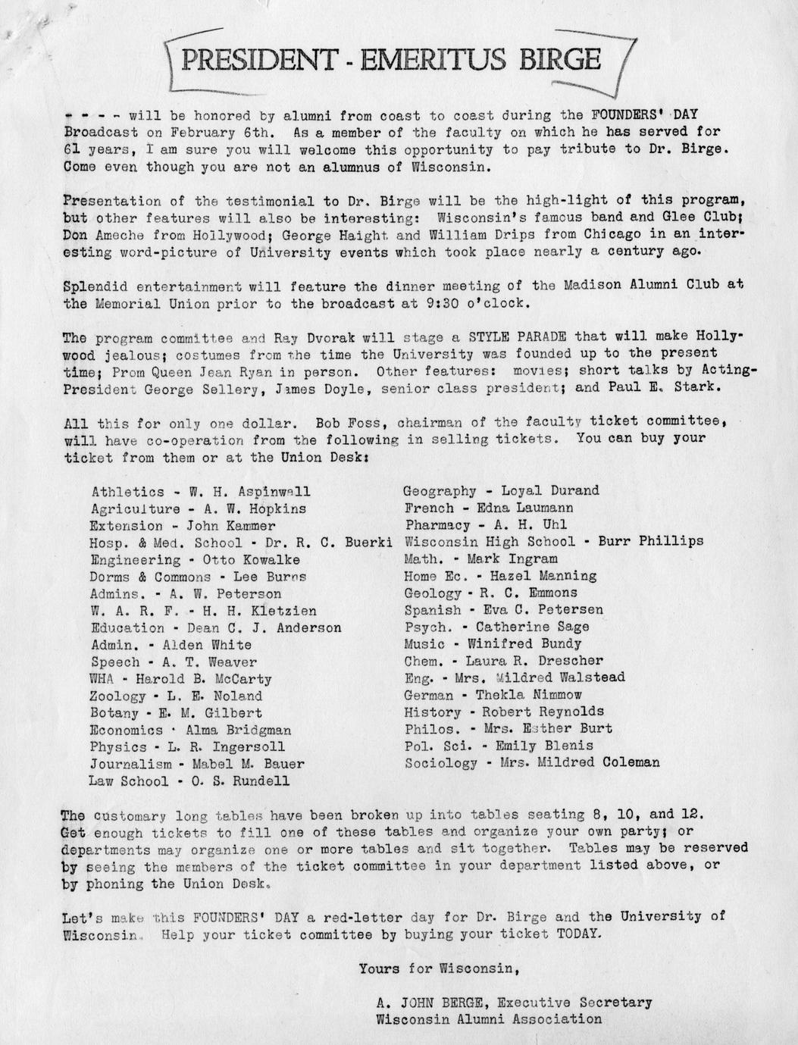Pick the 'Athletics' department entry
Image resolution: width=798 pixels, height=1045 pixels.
click(127, 493)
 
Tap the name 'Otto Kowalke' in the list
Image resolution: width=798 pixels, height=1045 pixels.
click(250, 560)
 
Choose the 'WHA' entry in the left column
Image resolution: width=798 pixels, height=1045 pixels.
click(103, 679)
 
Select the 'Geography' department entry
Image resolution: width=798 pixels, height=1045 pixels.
click(440, 491)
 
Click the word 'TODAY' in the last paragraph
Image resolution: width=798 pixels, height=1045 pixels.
click(579, 934)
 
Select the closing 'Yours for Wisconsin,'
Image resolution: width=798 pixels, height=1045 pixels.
click(439, 968)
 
